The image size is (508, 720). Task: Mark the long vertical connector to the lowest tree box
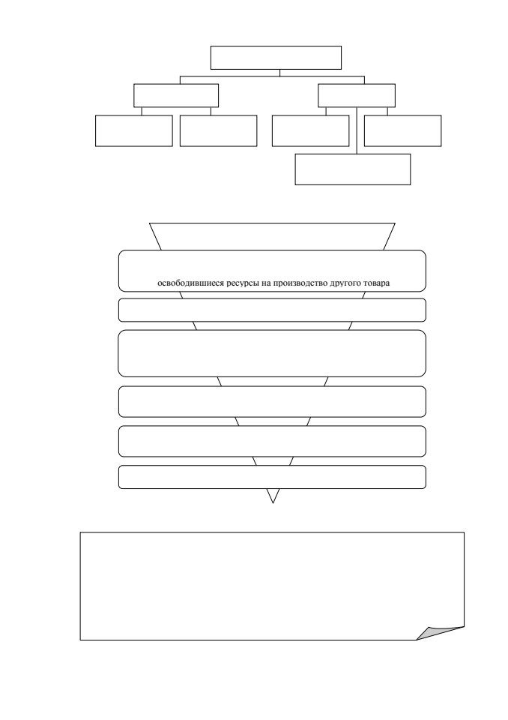357,130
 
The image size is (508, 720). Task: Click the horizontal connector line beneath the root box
272,76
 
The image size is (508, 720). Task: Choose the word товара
377,283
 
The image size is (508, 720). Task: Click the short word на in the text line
266,283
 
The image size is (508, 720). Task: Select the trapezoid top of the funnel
272,236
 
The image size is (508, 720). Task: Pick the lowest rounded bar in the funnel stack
272,477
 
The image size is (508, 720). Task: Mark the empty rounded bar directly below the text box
272,310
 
